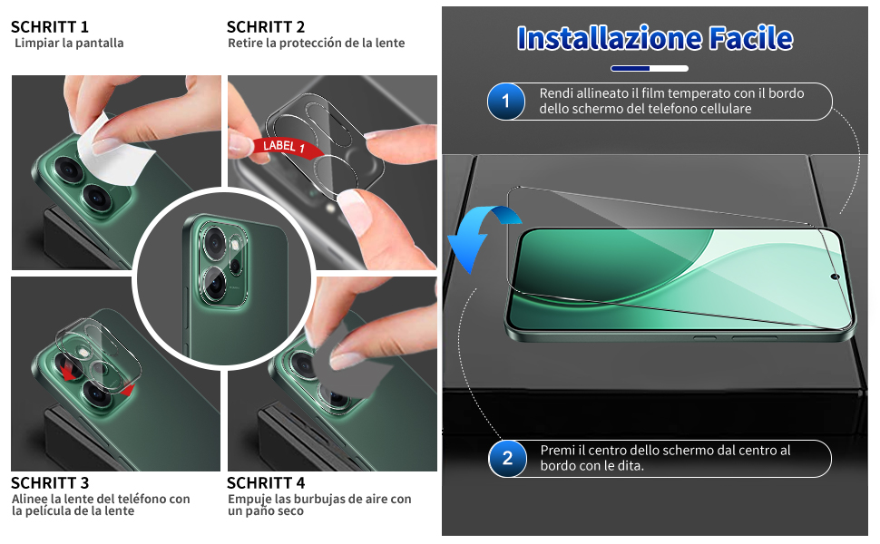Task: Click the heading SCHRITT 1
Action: click(50, 27)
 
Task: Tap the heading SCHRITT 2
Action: click(266, 27)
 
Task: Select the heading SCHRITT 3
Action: click(50, 483)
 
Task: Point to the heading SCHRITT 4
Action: click(266, 483)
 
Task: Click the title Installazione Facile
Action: click(654, 38)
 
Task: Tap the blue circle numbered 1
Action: click(505, 102)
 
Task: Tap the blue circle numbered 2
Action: click(507, 458)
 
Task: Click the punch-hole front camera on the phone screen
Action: click(834, 275)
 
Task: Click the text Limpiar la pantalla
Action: click(69, 44)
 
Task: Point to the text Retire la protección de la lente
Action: click(316, 44)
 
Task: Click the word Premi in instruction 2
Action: click(557, 451)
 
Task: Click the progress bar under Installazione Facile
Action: click(650, 68)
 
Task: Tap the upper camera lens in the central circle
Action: click(214, 241)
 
